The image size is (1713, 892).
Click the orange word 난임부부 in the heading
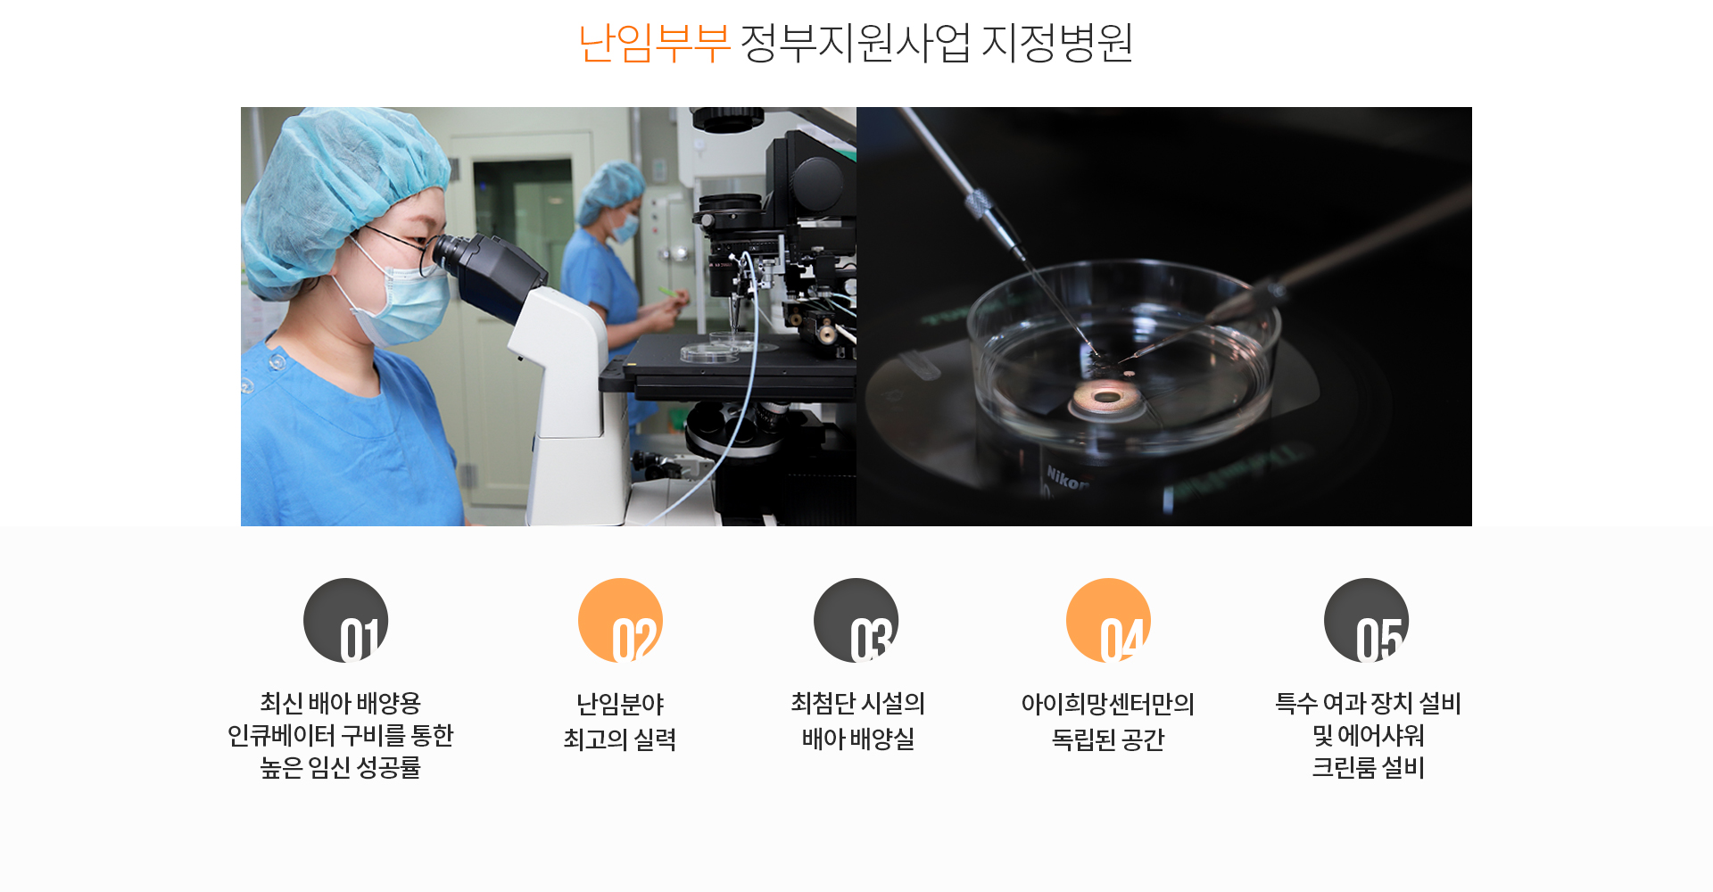pyautogui.click(x=655, y=42)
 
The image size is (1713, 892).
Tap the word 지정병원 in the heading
pyautogui.click(x=1057, y=42)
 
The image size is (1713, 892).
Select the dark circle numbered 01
pyautogui.click(x=346, y=620)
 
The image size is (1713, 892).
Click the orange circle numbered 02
pyautogui.click(x=620, y=620)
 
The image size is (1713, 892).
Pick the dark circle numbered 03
pyautogui.click(x=856, y=620)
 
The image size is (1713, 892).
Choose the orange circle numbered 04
pyautogui.click(x=1108, y=620)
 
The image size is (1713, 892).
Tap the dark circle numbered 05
pyautogui.click(x=1366, y=620)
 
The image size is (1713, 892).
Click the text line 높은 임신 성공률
pyautogui.click(x=340, y=767)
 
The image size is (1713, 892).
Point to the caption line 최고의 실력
pyautogui.click(x=620, y=739)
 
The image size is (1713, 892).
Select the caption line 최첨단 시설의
pyautogui.click(x=857, y=704)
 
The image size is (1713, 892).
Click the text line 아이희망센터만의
pyautogui.click(x=1108, y=704)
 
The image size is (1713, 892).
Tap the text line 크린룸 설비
pyautogui.click(x=1368, y=767)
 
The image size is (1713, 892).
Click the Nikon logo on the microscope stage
pyautogui.click(x=1068, y=478)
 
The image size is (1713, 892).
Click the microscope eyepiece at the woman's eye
pyautogui.click(x=455, y=254)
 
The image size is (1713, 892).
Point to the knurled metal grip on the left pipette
pyautogui.click(x=979, y=206)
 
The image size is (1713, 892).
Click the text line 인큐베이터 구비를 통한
pyautogui.click(x=340, y=735)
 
